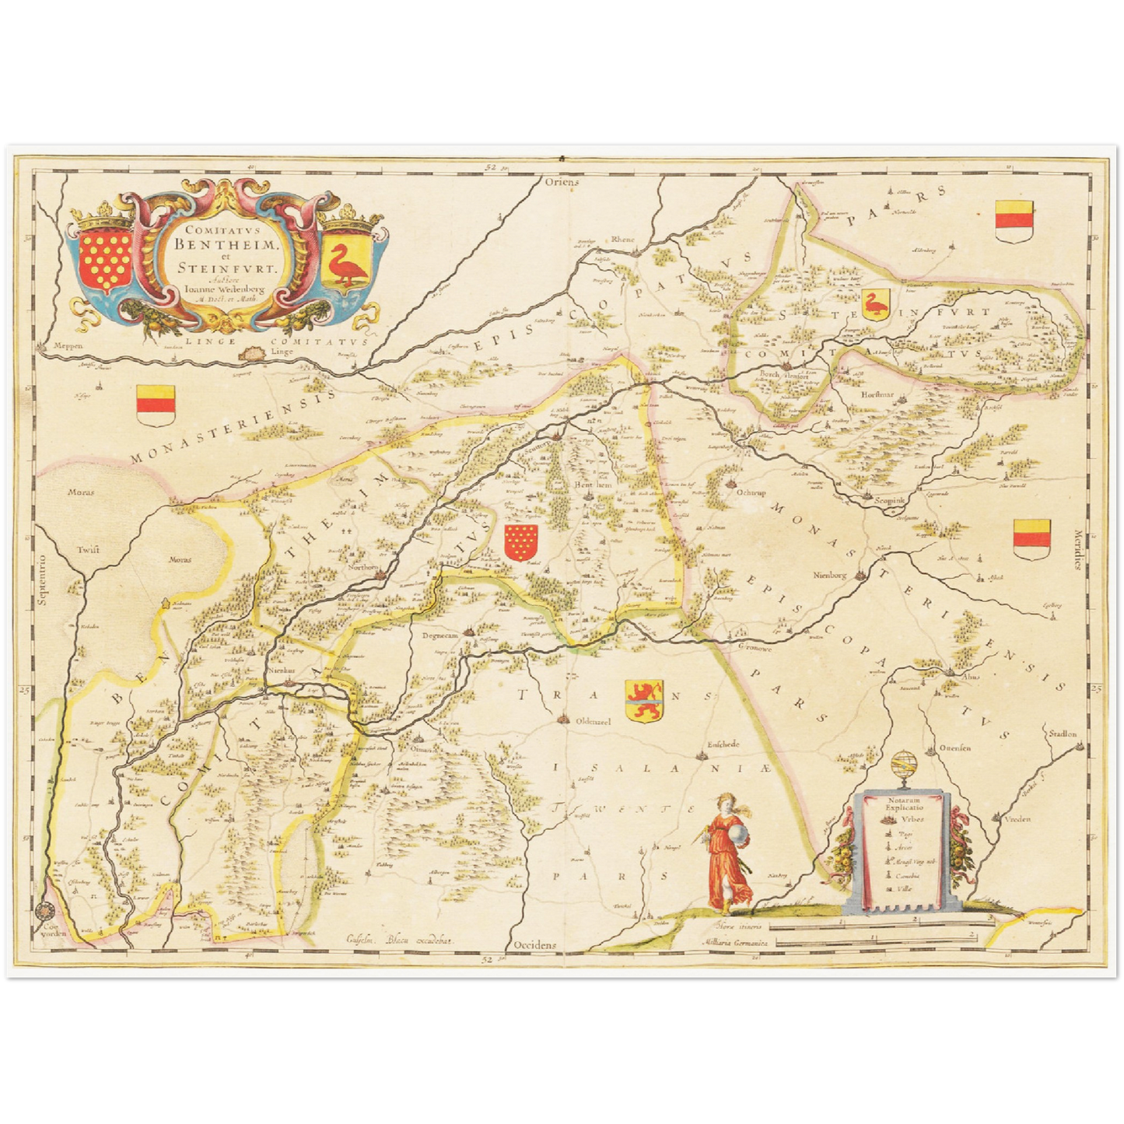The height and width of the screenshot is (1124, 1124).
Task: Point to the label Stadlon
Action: pyautogui.click(x=1063, y=734)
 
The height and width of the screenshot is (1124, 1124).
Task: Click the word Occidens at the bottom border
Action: pyautogui.click(x=535, y=944)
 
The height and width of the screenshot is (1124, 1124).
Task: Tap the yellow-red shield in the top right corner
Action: pyautogui.click(x=1014, y=219)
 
